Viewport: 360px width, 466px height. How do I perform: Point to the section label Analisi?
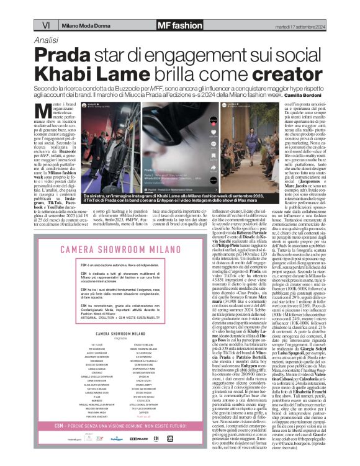tap(48, 39)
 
